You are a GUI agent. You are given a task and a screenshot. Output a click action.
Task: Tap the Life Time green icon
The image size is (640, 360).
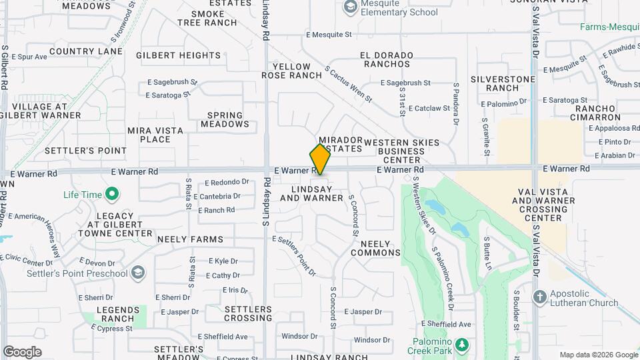click(112, 195)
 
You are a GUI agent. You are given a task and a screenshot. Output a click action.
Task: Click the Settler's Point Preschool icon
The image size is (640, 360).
click(137, 273)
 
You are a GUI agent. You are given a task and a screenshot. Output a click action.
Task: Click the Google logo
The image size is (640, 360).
click(22, 352)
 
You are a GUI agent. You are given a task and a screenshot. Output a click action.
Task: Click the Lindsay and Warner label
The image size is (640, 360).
click(311, 193)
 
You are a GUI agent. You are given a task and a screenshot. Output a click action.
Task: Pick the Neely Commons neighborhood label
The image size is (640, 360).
click(375, 248)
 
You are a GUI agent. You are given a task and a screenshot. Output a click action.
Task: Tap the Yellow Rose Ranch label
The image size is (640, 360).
click(291, 71)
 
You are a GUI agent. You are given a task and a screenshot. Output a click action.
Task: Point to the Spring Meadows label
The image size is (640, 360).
click(224, 119)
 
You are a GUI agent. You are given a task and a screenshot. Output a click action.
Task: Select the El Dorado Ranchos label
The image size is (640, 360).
click(385, 59)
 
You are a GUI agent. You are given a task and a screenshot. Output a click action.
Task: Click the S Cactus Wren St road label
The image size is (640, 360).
click(348, 84)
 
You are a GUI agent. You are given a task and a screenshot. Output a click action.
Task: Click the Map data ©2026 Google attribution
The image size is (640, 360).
click(598, 355)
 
